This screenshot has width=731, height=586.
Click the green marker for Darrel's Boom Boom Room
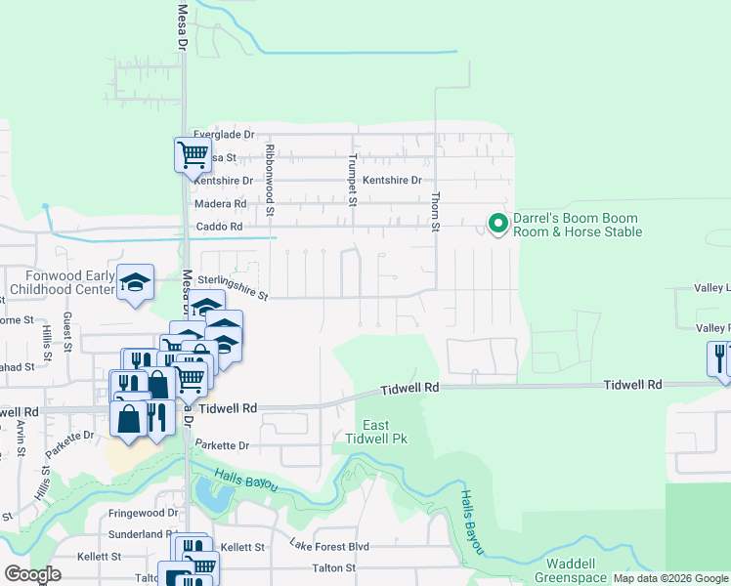pos(497,225)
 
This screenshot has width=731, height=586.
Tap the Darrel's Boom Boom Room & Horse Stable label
pos(578,226)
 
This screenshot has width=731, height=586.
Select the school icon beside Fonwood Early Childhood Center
pos(136,283)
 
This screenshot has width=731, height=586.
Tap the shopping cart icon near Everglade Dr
pos(193,154)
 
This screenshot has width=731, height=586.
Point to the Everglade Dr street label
pos(224,135)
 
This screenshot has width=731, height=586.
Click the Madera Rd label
pos(220,204)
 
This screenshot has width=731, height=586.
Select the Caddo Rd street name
pos(220,227)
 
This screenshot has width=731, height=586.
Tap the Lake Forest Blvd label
pos(329,546)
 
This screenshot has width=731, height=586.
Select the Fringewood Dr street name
pos(145,512)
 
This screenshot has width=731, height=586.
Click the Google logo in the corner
pos(32,574)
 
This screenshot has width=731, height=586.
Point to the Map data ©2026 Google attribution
pos(669,578)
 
